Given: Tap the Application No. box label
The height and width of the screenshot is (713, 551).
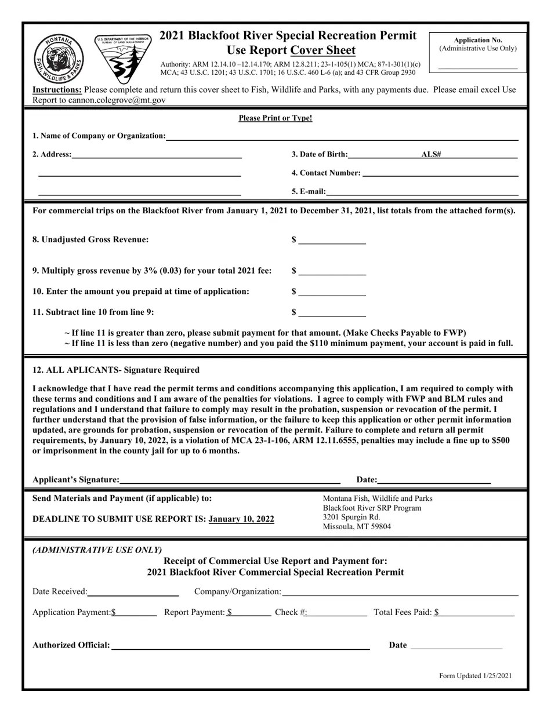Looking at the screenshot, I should (477, 40).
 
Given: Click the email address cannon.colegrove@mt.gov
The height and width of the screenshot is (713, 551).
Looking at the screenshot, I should (117, 100).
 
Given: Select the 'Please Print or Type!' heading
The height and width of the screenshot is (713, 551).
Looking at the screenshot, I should (275, 118).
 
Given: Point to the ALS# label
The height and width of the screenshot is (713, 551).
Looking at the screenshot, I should (431, 154).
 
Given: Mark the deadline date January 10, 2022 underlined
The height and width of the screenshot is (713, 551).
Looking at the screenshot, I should (241, 519).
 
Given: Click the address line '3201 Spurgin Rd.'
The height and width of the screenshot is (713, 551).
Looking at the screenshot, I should (351, 517).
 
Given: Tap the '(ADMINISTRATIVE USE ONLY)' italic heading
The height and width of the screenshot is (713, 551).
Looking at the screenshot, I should (97, 550).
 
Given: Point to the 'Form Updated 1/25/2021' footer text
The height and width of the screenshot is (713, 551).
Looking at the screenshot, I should (475, 675).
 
